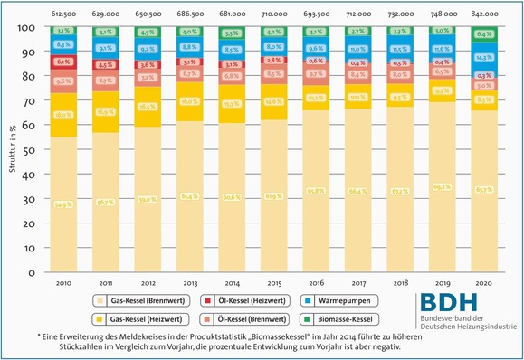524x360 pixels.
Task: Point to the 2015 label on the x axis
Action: click(x=272, y=283)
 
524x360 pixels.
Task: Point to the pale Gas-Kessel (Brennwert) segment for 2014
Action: click(x=231, y=196)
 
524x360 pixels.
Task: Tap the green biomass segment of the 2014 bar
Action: click(x=231, y=36)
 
